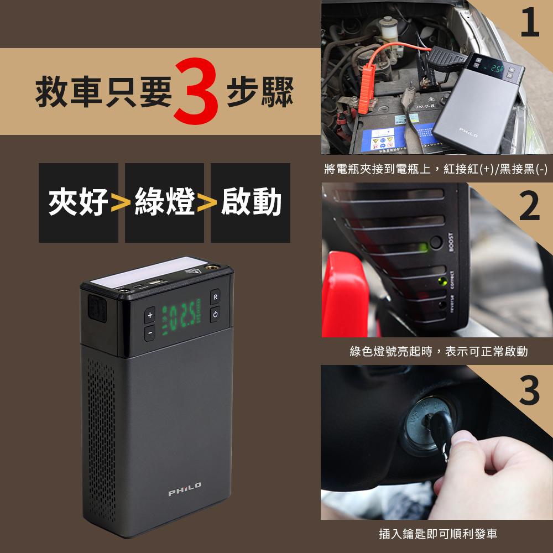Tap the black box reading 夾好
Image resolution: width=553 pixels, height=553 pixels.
tap(79, 202)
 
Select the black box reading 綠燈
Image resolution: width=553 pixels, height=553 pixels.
tap(164, 202)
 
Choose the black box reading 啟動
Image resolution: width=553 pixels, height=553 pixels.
tap(251, 202)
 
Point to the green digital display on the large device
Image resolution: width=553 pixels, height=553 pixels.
tap(178, 320)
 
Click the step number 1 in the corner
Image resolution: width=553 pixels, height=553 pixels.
tap(530, 23)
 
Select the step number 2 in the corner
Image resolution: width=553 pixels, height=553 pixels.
tap(530, 206)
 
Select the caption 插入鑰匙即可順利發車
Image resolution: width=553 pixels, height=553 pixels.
tap(437, 534)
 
